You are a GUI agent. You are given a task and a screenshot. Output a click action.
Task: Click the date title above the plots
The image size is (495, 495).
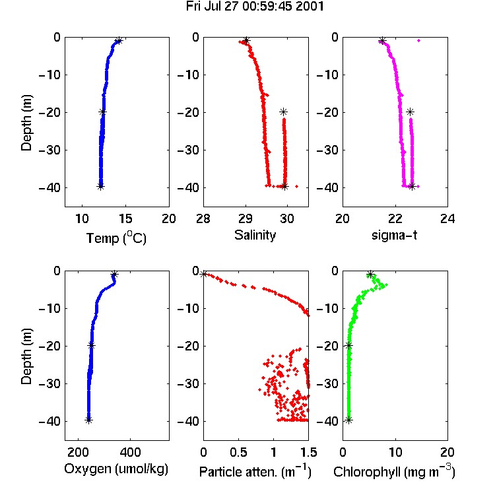click(255, 7)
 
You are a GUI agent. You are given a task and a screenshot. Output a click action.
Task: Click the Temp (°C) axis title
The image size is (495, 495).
click(116, 238)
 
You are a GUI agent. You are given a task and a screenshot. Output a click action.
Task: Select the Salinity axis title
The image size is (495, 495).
click(255, 236)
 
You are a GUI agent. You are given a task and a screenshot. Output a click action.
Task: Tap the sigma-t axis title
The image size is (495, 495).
click(394, 235)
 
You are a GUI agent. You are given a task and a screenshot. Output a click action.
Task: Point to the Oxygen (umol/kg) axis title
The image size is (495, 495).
click(116, 469)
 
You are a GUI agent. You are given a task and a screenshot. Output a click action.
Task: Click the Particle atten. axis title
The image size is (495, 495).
click(255, 471)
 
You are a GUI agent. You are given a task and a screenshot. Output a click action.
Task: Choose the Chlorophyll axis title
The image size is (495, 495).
click(394, 471)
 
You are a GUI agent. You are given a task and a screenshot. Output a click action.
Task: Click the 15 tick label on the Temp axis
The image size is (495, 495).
click(125, 218)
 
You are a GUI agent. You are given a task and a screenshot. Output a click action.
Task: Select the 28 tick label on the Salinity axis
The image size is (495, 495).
click(203, 218)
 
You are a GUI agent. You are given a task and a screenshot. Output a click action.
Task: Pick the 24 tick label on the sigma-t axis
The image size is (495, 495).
click(447, 218)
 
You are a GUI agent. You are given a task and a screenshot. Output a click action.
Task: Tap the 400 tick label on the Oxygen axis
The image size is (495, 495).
click(131, 452)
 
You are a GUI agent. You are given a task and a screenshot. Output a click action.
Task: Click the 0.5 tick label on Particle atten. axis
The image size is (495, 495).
click(238, 452)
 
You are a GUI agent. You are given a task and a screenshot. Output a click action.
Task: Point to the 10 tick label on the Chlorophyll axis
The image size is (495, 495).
click(395, 452)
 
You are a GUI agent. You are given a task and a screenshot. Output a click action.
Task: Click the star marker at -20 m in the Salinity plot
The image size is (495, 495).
click(283, 112)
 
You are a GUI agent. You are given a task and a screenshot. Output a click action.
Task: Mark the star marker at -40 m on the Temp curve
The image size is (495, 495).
click(100, 187)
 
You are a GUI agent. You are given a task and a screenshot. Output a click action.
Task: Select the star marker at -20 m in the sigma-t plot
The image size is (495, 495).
click(410, 112)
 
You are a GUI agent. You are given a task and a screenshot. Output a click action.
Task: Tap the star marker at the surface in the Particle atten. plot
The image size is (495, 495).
click(204, 274)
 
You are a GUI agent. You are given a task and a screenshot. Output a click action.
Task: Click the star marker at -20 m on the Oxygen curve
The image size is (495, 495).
click(92, 345)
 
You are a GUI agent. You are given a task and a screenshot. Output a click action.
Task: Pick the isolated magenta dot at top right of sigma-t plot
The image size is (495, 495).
click(419, 40)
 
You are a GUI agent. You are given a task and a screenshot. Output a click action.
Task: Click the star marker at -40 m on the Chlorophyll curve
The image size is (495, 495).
click(348, 420)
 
